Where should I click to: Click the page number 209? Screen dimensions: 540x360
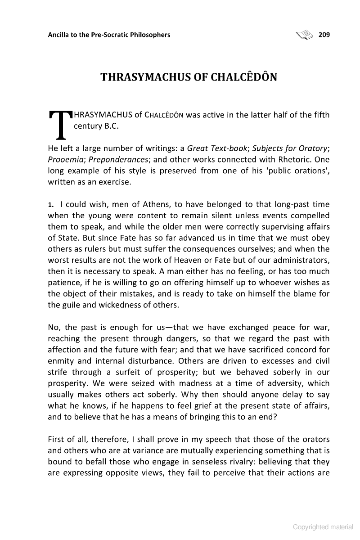pyautogui.click(x=324, y=35)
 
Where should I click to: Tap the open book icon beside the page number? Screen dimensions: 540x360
pyautogui.click(x=304, y=34)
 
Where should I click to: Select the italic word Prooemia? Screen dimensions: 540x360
pyautogui.click(x=64, y=160)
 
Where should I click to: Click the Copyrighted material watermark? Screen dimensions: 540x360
pyautogui.click(x=323, y=527)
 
